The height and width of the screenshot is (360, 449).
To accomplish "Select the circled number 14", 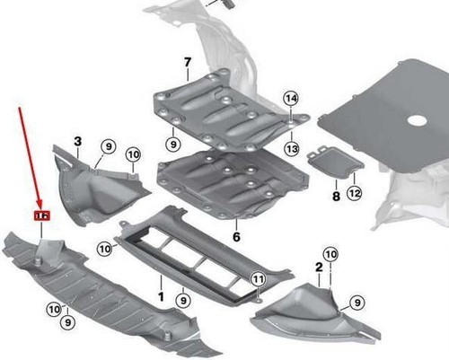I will click(x=290, y=98).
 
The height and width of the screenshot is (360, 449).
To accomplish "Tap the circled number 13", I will click(x=291, y=147).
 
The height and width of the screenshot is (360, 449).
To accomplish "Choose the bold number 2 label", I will click(x=319, y=267).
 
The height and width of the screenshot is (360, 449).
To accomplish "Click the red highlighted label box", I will click(x=40, y=216).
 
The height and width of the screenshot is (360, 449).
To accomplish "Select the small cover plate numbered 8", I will click(x=334, y=163).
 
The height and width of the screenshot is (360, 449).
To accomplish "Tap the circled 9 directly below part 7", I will click(x=170, y=141).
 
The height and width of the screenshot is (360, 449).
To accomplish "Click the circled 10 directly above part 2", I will click(x=330, y=255).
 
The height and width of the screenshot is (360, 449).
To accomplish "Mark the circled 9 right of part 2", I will click(x=357, y=303).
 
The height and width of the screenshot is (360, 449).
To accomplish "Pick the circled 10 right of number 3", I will click(x=134, y=155).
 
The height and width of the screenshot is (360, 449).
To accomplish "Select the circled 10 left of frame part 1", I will click(x=103, y=247).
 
